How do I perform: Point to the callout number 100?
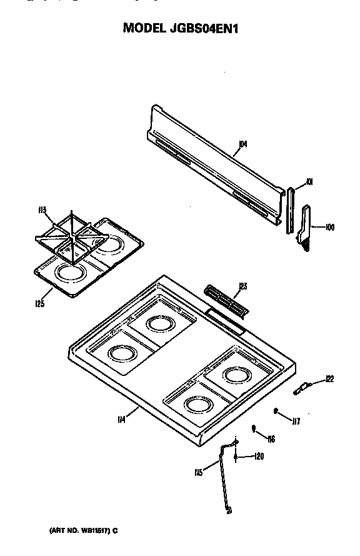coord(330,228)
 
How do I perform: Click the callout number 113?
coord(42,210)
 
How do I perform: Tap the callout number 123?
coord(242,286)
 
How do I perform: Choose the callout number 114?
coord(121,420)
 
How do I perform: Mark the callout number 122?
coord(330,378)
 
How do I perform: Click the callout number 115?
coord(199,473)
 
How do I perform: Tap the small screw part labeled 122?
coord(301,389)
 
